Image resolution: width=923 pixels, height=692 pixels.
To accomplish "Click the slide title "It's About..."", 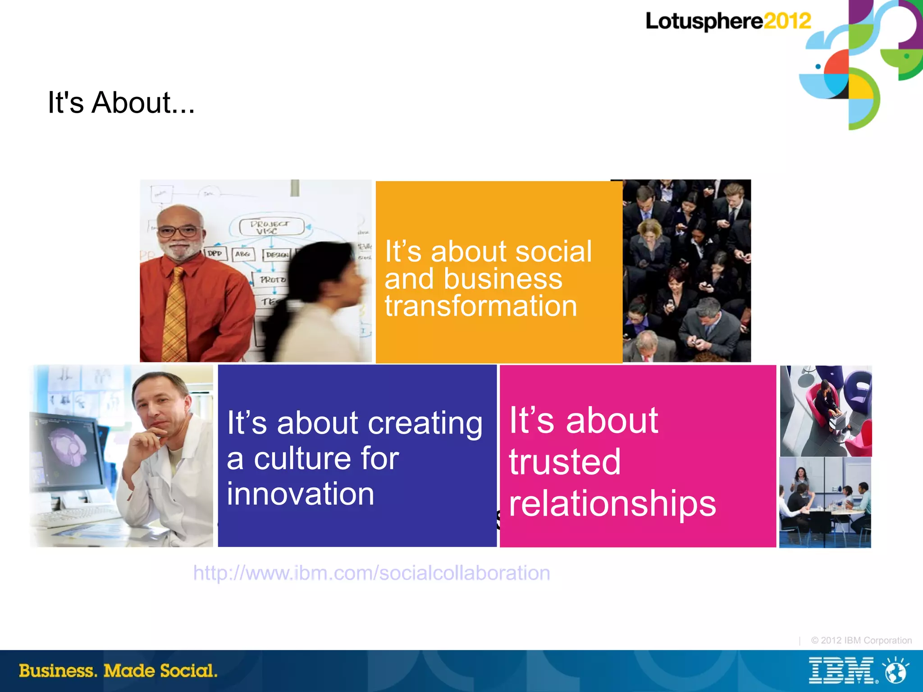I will point(121,103).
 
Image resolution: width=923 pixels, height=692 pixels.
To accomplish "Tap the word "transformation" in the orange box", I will point(480,306).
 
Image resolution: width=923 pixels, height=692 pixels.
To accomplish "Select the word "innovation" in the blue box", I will point(300,494).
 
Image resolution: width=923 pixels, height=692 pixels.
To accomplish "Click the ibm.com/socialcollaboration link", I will point(371,573).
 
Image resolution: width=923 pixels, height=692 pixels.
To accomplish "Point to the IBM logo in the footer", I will point(841,671).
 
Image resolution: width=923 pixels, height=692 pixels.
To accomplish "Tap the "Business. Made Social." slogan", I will point(118,671).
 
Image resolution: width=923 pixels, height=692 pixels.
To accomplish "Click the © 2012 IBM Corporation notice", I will point(861,640).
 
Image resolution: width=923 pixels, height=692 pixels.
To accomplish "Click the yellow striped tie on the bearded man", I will point(174,315).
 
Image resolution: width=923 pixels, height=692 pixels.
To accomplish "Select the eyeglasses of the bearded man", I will point(179,232).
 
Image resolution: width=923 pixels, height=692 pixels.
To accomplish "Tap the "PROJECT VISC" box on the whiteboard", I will point(271,227).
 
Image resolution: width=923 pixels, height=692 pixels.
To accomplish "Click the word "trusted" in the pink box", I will point(564,462).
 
